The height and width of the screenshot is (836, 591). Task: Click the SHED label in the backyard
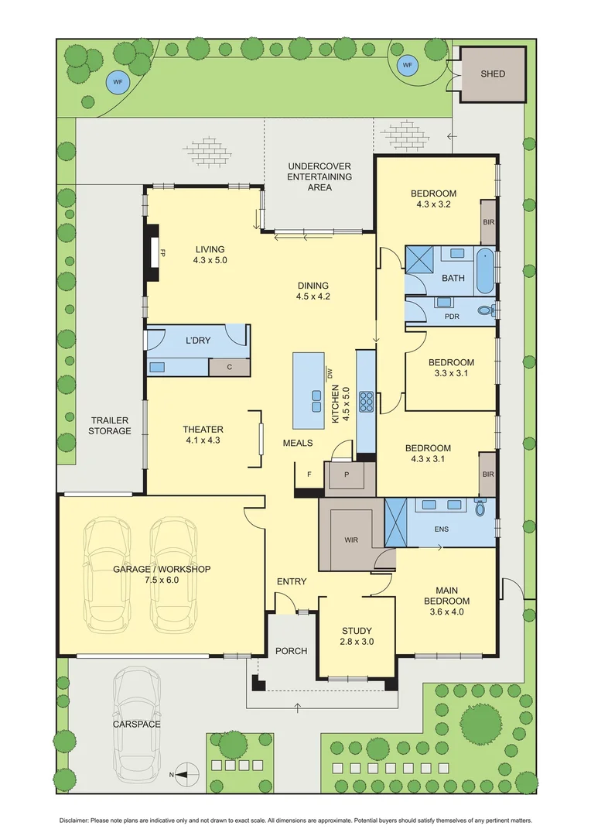click(x=492, y=74)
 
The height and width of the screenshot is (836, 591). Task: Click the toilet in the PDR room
click(x=485, y=310)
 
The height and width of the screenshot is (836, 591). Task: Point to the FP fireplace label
click(x=163, y=253)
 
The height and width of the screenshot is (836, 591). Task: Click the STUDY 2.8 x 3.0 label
click(x=357, y=636)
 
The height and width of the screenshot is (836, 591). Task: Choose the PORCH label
click(x=291, y=650)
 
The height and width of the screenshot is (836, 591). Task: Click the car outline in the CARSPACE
click(x=138, y=724)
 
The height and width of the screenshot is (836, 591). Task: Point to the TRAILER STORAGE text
click(x=109, y=425)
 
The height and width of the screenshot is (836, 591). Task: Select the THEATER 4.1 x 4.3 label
click(x=203, y=434)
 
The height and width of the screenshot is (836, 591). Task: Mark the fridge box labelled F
click(x=309, y=474)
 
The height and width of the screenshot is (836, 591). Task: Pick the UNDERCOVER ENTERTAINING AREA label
click(x=319, y=176)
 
